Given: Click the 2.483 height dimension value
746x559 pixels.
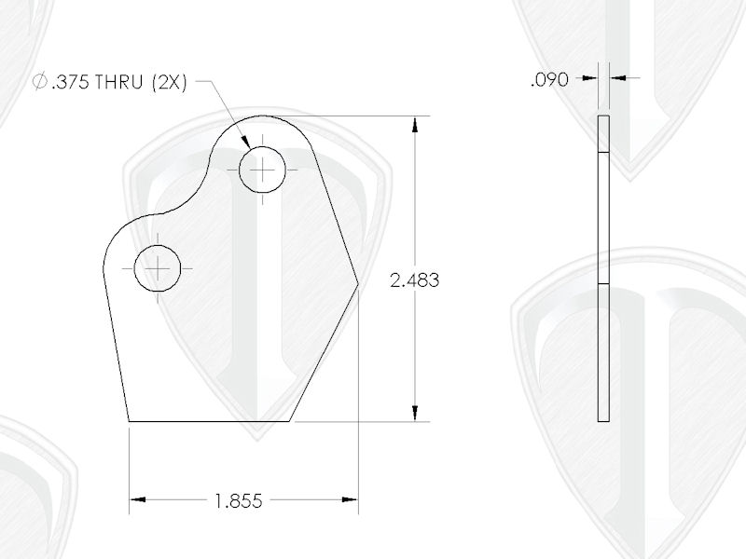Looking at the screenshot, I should (x=415, y=279).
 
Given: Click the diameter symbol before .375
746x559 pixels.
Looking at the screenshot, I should (x=39, y=82).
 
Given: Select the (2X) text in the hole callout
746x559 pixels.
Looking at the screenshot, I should (x=168, y=82).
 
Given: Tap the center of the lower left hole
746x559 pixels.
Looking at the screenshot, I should (x=159, y=269).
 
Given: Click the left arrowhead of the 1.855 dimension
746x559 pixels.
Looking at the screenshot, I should (x=137, y=500).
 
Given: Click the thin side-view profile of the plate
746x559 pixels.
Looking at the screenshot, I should (x=602, y=270).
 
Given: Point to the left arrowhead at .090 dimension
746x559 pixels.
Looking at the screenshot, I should (x=590, y=79).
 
